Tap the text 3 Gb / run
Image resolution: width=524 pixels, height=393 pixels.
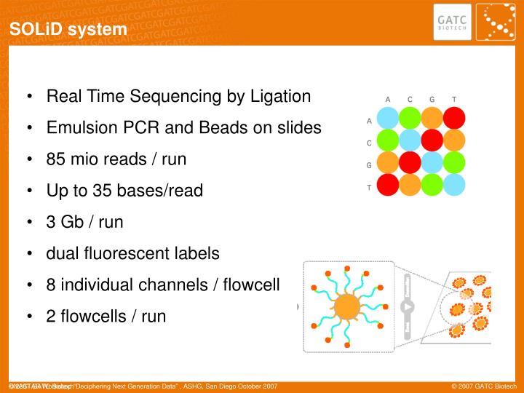[84, 222]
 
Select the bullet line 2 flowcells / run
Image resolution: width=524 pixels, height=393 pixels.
[106, 316]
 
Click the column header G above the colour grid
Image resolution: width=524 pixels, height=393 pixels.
[432, 99]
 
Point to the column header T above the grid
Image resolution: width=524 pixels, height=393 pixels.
[454, 99]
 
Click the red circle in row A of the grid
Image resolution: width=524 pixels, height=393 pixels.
[454, 118]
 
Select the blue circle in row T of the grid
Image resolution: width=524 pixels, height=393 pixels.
[454, 185]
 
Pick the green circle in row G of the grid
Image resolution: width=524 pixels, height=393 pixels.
[454, 162]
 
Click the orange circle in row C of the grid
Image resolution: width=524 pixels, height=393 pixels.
[454, 140]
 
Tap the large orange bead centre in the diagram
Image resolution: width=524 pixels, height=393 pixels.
[348, 306]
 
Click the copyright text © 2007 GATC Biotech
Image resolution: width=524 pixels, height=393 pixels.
[483, 385]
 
